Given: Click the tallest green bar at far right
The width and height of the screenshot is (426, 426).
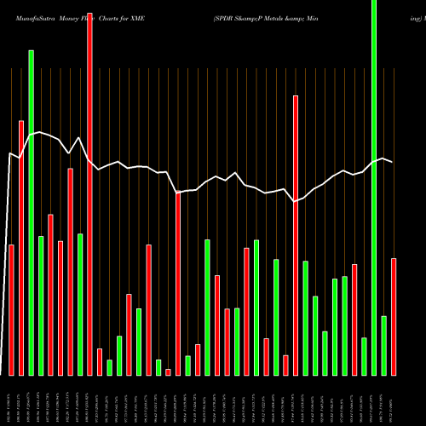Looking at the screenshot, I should pos(374,187).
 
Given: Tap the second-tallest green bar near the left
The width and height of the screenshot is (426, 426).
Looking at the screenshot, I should pos(32,213).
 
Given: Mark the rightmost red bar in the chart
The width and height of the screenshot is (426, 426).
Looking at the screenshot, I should pos(394,316).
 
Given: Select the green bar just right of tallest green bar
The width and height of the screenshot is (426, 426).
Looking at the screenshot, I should pos(384,345).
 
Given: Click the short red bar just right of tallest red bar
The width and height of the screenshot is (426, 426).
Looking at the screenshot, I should pos(100,361).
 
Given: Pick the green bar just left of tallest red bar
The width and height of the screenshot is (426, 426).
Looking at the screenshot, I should pos(80,304).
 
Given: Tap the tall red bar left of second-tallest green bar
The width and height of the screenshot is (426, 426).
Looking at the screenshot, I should pos(21,247).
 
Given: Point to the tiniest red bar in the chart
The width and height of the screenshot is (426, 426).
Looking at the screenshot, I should pos(168,371).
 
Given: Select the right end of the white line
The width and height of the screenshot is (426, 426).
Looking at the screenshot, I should pos(393,162).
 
